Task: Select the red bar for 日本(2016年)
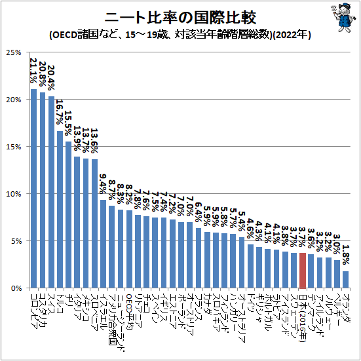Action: (302, 271)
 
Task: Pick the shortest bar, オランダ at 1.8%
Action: (345, 280)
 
